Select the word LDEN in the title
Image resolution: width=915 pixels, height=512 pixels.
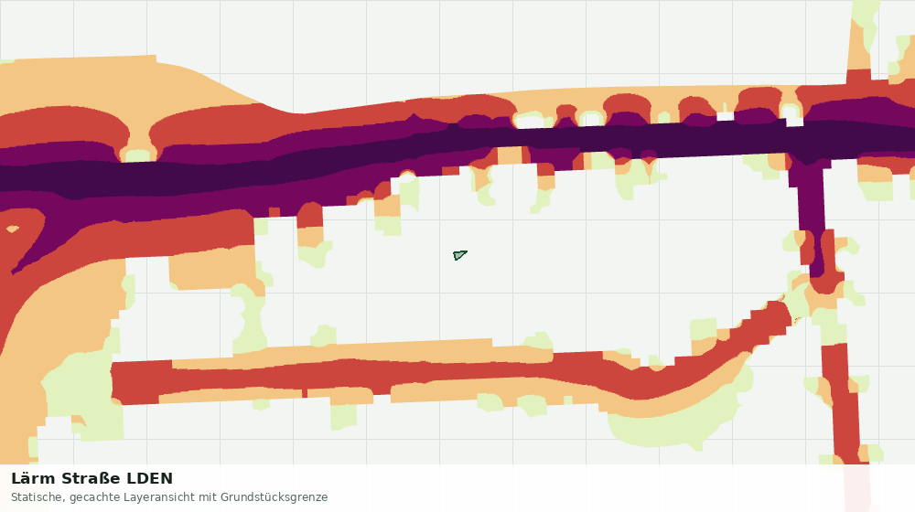pos(150,479)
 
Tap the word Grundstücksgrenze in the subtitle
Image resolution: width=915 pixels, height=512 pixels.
pos(274,497)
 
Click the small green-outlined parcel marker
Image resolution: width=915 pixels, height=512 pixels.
pos(460,255)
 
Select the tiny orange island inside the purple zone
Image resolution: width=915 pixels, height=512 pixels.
pos(12,229)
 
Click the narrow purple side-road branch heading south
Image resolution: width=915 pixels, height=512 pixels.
pos(813,216)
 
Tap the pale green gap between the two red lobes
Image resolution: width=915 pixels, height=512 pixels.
pos(138,154)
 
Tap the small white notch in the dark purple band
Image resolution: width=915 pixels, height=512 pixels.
pos(794,122)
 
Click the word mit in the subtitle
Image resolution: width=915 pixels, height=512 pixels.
pos(208,497)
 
